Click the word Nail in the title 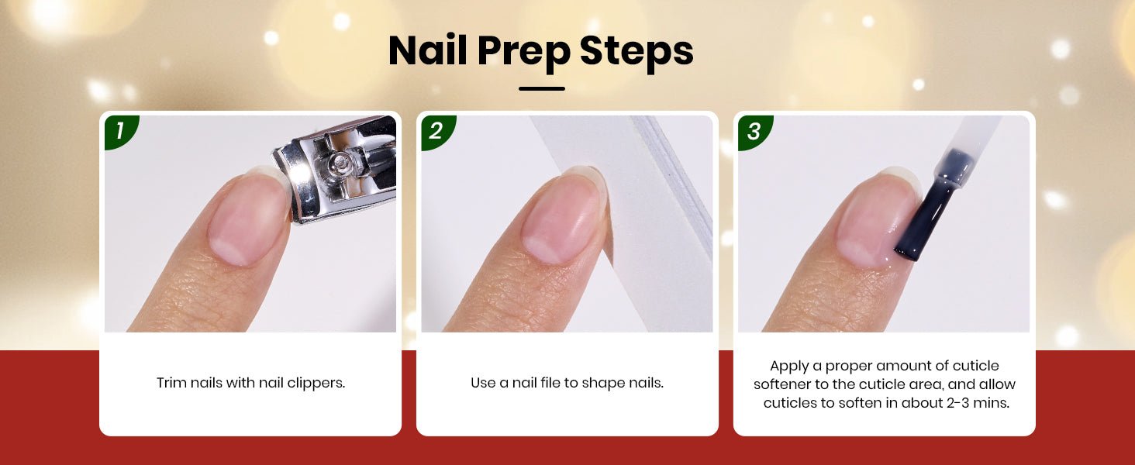(428, 50)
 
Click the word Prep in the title (523, 53)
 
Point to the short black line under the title (542, 88)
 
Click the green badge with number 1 (121, 132)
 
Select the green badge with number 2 (437, 132)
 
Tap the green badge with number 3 (754, 132)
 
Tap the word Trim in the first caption (171, 383)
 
